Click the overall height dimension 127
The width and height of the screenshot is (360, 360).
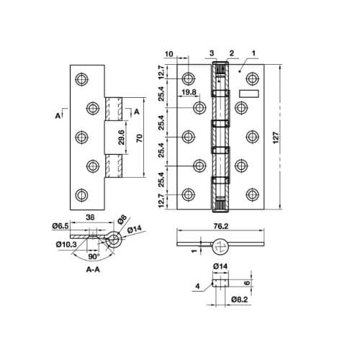[278, 137]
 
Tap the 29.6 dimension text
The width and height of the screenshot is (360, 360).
[122, 136]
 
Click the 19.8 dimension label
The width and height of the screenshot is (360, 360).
[189, 92]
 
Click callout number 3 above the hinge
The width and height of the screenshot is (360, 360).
[212, 53]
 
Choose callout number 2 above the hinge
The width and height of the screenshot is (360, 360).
[233, 53]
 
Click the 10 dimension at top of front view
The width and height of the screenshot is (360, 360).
[168, 53]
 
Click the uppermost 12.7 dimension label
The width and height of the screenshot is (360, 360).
[163, 72]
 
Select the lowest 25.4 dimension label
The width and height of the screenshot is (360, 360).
[163, 174]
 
